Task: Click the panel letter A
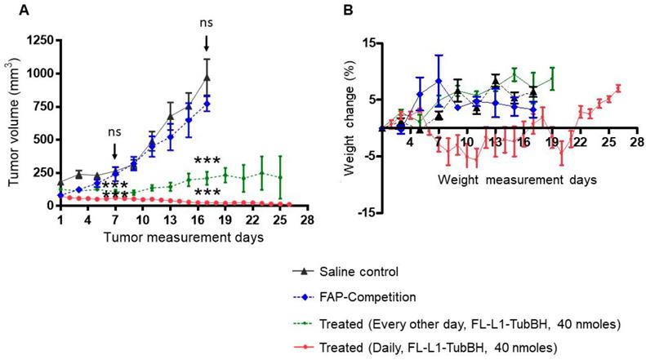(11, 10)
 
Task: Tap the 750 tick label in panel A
(40, 106)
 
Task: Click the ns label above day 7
(116, 130)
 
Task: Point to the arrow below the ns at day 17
(207, 43)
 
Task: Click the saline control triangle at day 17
(207, 78)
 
